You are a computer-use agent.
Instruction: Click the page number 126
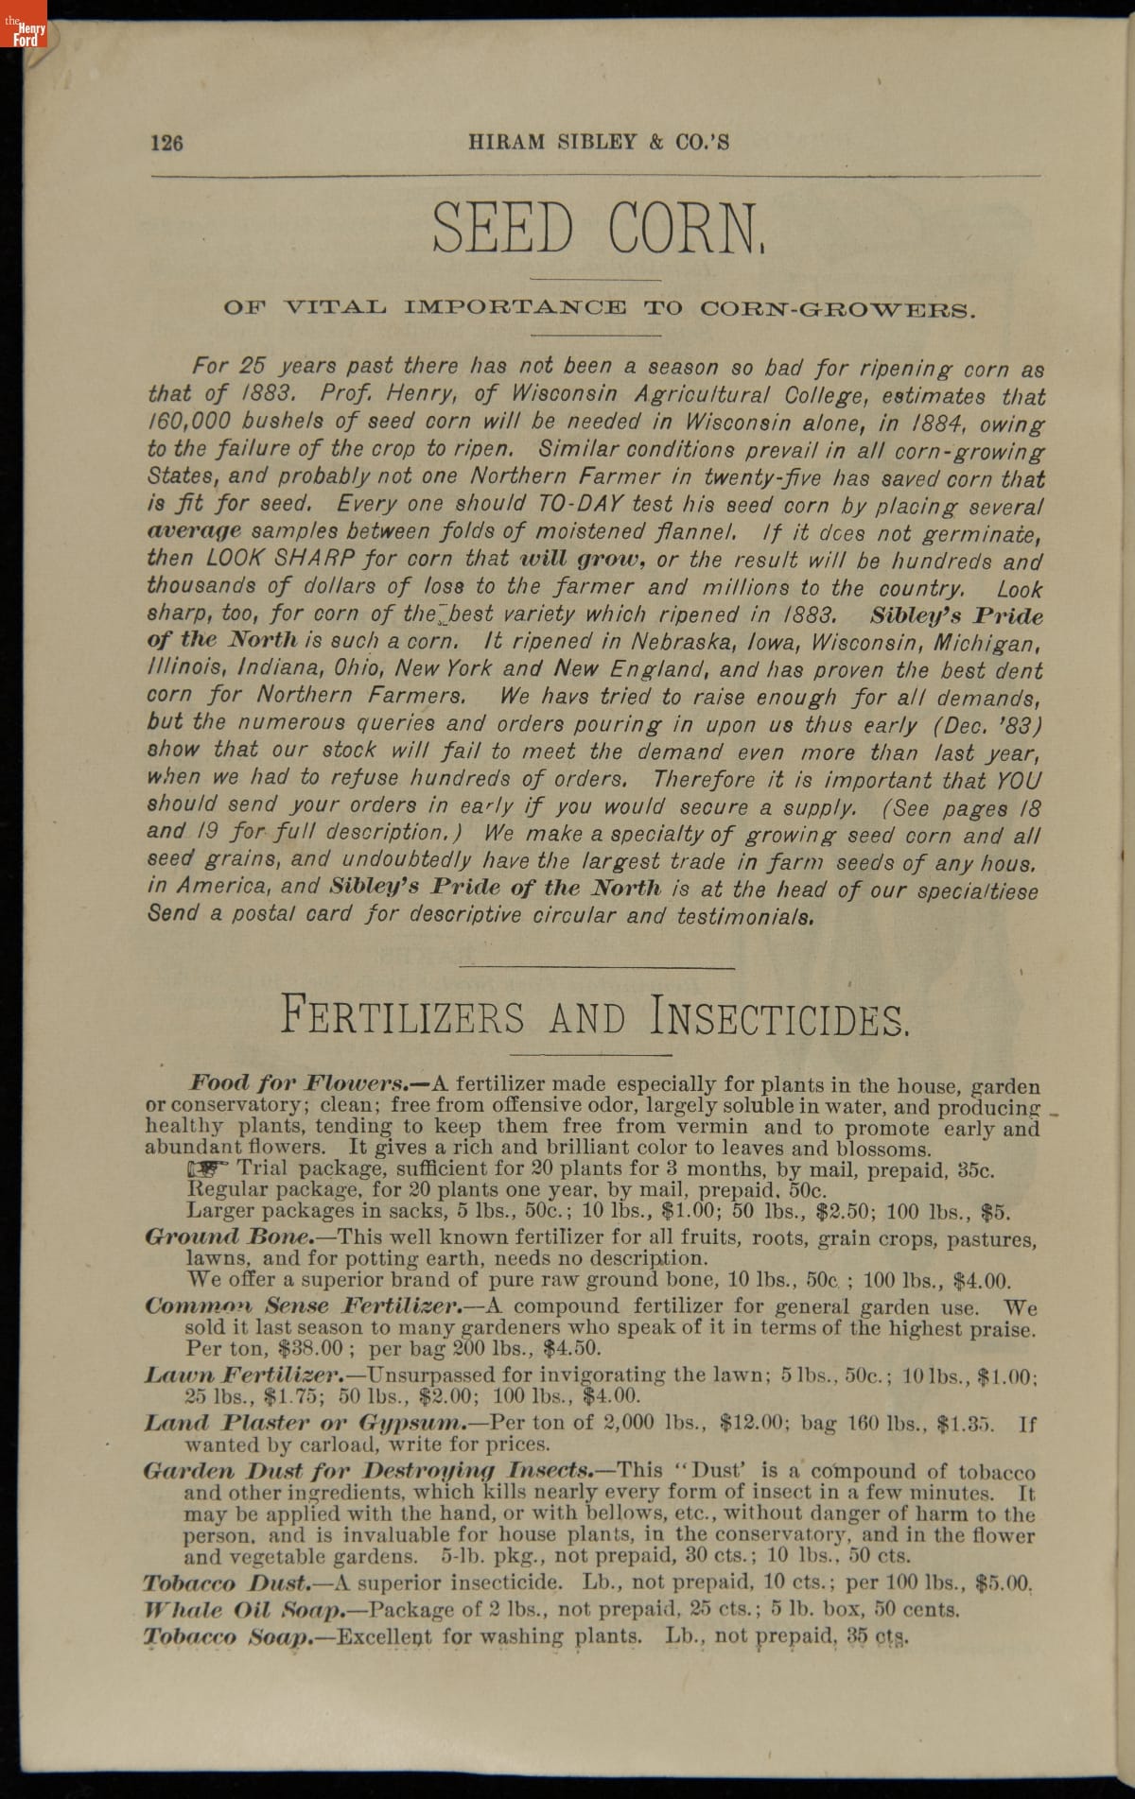coord(166,143)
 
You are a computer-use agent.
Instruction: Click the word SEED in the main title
coord(503,227)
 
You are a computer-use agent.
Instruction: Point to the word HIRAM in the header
coord(506,143)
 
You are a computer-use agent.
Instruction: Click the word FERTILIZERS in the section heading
coord(402,1016)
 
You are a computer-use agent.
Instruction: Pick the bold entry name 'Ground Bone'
coord(229,1237)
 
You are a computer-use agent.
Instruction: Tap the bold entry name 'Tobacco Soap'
coord(228,1636)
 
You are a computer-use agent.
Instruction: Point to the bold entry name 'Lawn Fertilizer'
coord(241,1375)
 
